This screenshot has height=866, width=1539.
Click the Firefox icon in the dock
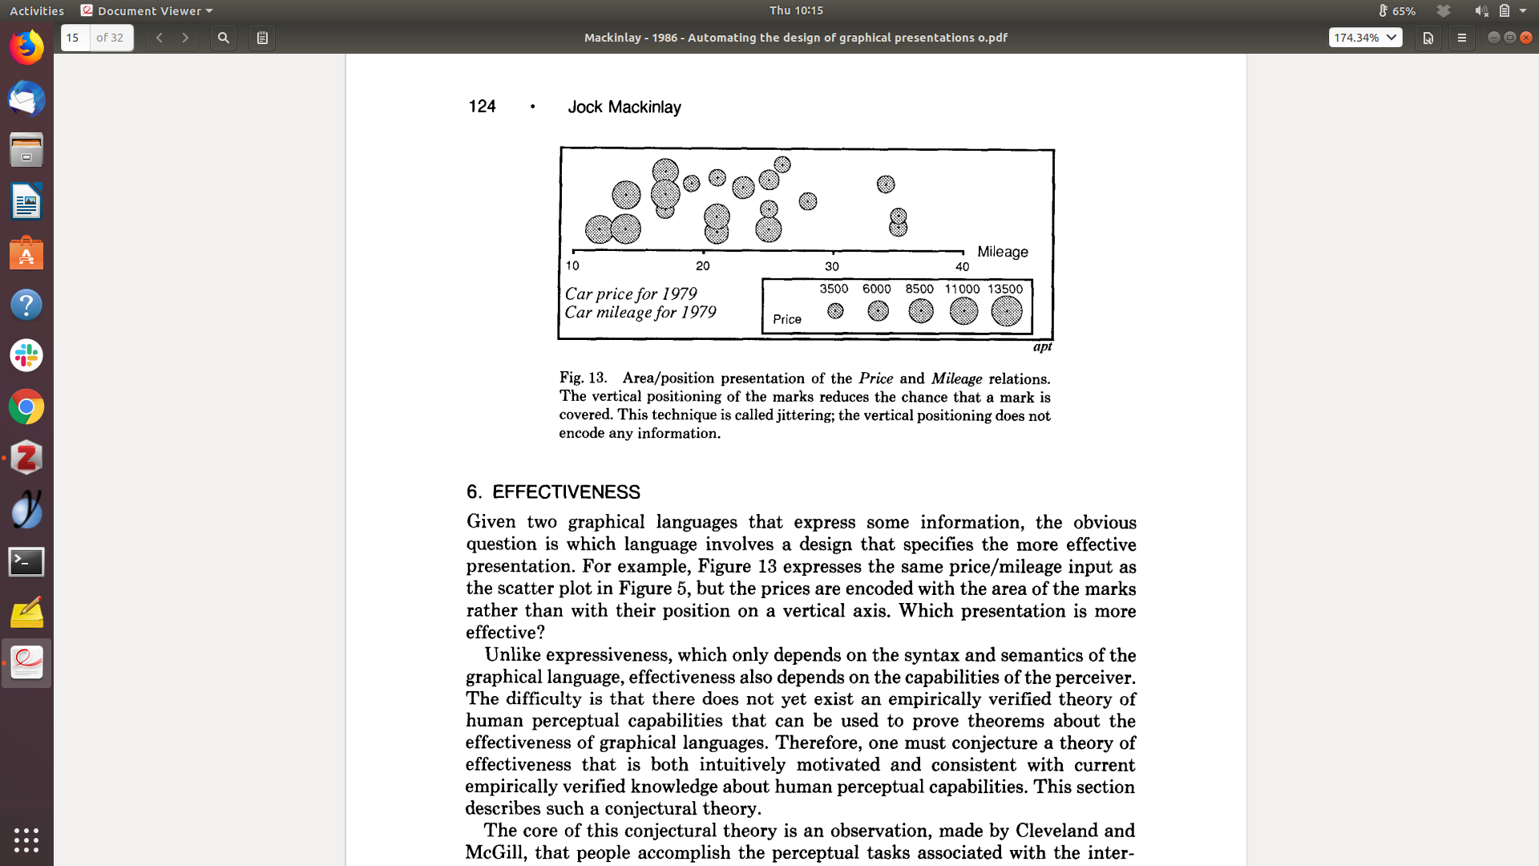26,48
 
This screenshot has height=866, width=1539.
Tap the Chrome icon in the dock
26,407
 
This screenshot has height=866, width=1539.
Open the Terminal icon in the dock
26,561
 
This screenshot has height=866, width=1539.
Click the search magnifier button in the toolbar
224,38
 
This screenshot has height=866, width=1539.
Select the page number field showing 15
75,38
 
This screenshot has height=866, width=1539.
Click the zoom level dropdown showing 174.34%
1365,38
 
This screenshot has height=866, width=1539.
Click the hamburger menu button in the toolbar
1461,38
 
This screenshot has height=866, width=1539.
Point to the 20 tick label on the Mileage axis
703,266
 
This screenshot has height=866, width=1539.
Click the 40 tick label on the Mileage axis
962,267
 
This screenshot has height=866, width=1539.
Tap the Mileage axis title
1002,252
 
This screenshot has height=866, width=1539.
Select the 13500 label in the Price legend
1005,289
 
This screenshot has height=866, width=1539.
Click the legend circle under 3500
835,311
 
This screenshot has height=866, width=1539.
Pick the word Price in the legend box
786,319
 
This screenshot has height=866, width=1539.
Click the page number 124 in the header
482,107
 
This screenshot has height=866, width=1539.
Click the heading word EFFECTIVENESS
566,492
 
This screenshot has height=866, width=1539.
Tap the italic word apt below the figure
1042,346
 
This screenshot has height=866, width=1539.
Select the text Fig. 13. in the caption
583,378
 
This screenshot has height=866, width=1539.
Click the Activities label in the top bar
37,10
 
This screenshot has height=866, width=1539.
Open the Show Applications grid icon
26,840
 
